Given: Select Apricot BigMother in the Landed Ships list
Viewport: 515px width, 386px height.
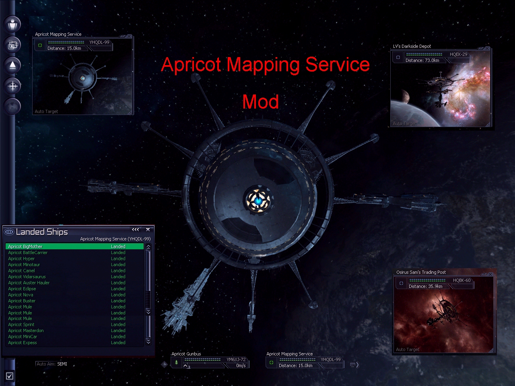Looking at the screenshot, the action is [x=25, y=246].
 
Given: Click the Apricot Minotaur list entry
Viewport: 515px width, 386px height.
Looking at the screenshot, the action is [x=24, y=265].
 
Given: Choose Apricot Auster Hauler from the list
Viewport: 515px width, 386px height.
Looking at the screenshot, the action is [x=29, y=283].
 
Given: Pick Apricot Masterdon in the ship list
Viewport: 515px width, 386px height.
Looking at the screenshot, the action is [x=26, y=331].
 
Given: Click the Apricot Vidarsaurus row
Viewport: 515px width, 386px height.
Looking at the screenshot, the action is [x=27, y=277].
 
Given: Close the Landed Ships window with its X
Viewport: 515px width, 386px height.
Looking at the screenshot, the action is [x=148, y=230].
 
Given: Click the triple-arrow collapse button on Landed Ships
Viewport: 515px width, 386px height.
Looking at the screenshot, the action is [x=135, y=230].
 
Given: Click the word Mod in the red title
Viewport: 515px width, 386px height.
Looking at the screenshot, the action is [x=260, y=102].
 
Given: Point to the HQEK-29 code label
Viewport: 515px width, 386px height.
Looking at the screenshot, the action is [x=458, y=54].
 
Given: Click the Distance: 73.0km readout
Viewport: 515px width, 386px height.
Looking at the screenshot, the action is [x=422, y=60].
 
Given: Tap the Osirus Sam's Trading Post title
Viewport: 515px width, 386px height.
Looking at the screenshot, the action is [x=421, y=272].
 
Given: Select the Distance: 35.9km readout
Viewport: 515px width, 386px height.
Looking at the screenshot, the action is [x=425, y=286].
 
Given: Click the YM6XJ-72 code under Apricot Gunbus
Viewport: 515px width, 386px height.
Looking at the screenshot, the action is [x=236, y=359].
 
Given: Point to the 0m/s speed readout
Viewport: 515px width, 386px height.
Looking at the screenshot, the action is [x=241, y=365].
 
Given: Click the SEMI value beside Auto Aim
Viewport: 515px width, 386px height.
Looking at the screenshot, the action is [x=62, y=364].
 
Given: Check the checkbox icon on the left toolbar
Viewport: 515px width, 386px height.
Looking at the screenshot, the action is [x=10, y=376].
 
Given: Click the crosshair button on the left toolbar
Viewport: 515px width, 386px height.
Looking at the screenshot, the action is [x=12, y=86].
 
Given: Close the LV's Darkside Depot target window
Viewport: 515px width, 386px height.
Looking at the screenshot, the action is [x=487, y=48].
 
